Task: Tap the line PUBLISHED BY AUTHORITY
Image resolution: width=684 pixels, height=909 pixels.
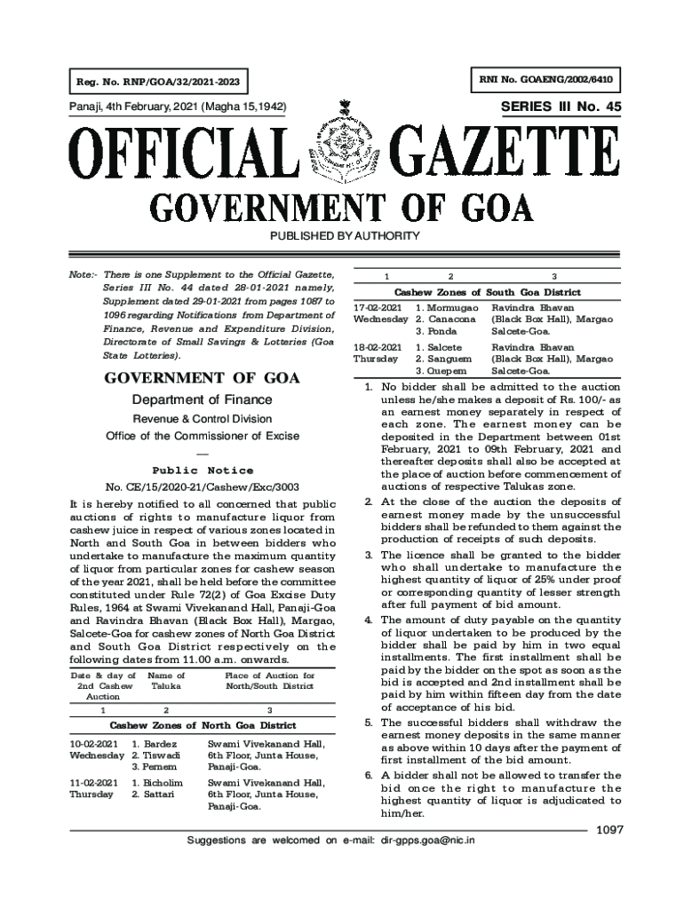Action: [x=342, y=235]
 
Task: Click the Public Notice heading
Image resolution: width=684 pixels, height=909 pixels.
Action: [x=203, y=470]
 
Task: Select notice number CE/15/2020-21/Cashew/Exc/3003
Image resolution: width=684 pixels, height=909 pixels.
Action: [x=203, y=487]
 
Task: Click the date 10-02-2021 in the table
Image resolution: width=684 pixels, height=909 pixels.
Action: [x=93, y=743]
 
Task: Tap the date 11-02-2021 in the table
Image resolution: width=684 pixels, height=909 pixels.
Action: [x=93, y=783]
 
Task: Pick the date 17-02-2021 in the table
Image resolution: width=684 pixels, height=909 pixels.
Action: [x=378, y=307]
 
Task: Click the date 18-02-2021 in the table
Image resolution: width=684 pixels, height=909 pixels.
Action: [x=378, y=347]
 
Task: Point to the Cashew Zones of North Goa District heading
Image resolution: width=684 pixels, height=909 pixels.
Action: [x=203, y=725]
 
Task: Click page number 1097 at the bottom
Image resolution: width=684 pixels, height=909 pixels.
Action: [x=610, y=829]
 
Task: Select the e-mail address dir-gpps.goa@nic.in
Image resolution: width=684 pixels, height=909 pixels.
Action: [x=427, y=839]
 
